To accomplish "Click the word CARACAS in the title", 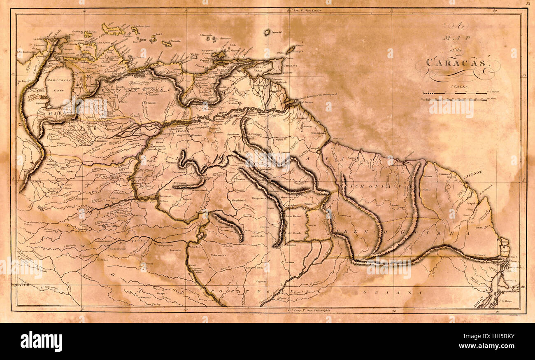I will point(456,63).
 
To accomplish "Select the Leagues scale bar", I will point(455,94).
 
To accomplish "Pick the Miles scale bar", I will point(455,99).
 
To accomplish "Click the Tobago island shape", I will point(291,49).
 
